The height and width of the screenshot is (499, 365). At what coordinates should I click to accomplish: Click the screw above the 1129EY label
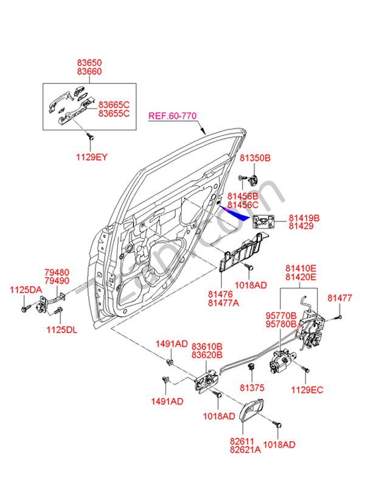90,137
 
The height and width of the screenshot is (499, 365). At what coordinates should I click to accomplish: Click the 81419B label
304,218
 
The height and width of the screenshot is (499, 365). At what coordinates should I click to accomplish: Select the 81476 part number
220,294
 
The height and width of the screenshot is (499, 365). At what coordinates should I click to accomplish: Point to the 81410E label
301,267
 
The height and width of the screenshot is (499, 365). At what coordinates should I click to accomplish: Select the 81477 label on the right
339,297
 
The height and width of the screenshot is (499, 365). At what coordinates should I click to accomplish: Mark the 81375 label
251,387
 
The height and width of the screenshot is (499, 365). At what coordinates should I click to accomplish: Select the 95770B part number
280,316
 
